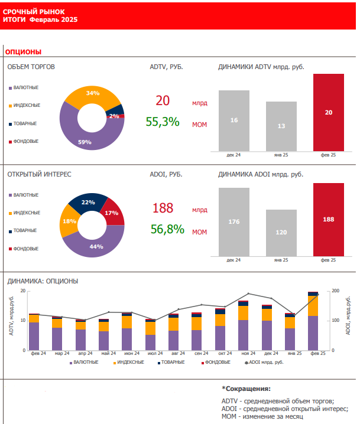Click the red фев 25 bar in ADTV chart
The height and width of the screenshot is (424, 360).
click(329, 112)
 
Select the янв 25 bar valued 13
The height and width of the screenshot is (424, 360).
click(281, 126)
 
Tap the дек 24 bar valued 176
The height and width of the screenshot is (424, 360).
click(234, 221)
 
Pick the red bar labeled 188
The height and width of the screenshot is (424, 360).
click(329, 219)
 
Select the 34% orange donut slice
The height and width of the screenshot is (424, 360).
click(90, 94)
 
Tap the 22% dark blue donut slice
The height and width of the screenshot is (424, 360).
click(88, 203)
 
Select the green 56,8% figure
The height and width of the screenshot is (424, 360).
click(167, 229)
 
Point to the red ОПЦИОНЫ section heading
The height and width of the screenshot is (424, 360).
click(23, 53)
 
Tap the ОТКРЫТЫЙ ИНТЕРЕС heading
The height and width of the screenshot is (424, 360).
click(39, 175)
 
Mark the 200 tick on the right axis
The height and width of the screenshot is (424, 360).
click(335, 291)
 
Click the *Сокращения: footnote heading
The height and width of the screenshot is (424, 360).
click(247, 389)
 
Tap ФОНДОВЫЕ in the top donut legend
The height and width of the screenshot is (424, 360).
click(26, 141)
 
